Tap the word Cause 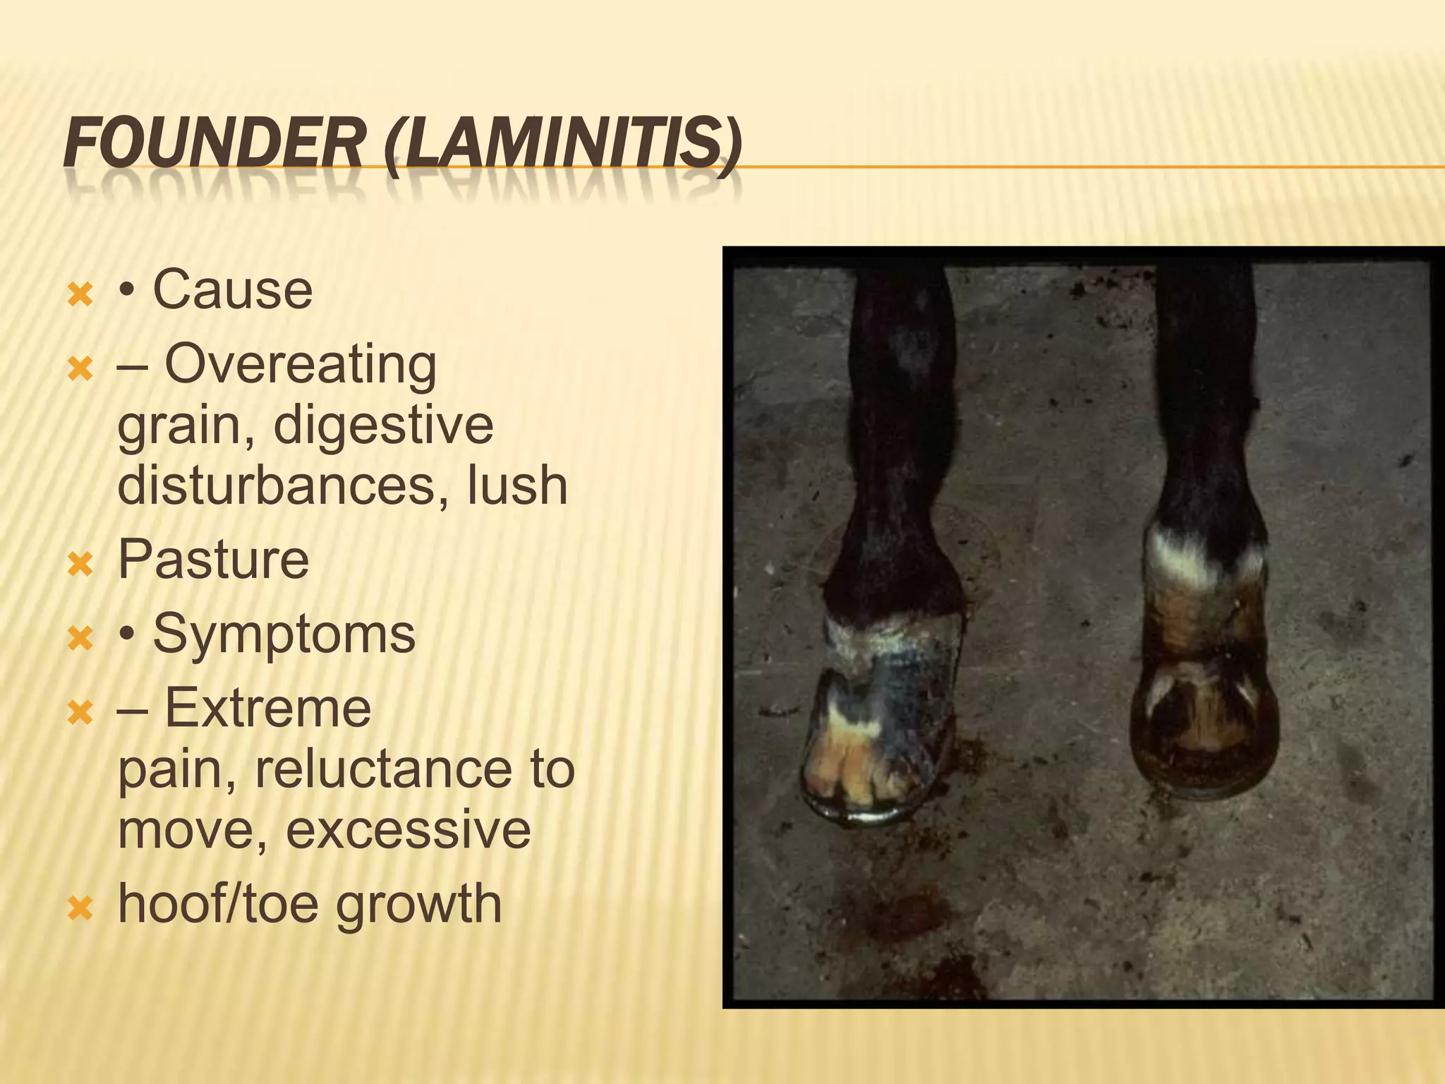tap(232, 289)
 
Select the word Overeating tap(301, 365)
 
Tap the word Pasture tap(213, 560)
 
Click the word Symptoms tap(284, 634)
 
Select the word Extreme tap(267, 708)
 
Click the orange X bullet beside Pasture tap(80, 564)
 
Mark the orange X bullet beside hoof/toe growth tap(80, 908)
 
